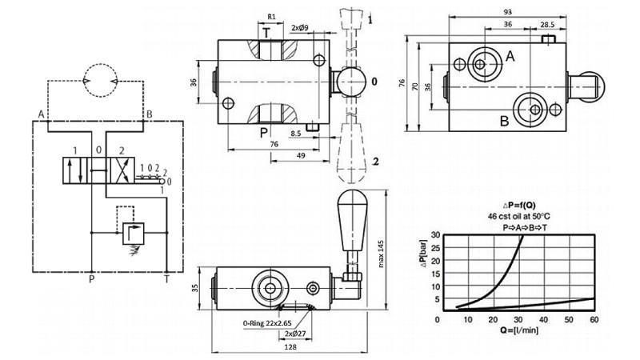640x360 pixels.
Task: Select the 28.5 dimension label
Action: point(547,25)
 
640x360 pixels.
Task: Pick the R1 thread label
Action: point(272,16)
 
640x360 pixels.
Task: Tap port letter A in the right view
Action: point(510,55)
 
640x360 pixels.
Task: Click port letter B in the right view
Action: point(504,121)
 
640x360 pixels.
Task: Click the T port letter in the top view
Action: point(266,34)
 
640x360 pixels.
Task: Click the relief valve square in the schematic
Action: point(128,233)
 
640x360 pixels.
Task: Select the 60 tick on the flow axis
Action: point(594,319)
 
